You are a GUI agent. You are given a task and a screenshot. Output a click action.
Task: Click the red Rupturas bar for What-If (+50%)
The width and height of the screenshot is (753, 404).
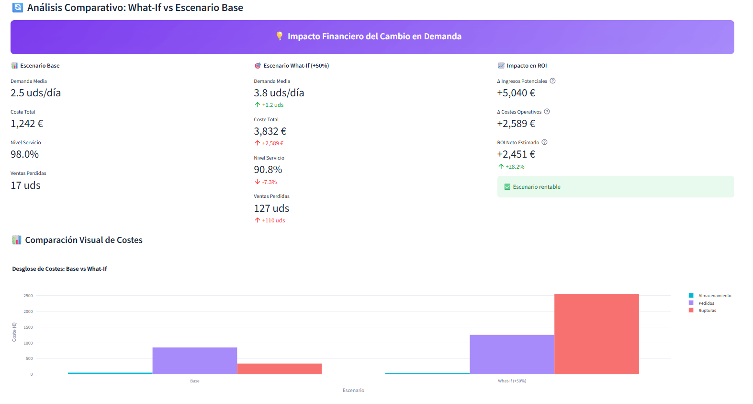click(x=596, y=334)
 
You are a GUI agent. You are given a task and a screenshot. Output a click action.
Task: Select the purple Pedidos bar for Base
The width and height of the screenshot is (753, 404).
click(x=195, y=360)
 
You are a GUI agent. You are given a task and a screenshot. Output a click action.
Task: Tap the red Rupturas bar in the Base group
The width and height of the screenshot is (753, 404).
click(x=279, y=369)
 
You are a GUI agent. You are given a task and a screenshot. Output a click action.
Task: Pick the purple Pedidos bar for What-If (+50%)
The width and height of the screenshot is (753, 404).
click(x=512, y=354)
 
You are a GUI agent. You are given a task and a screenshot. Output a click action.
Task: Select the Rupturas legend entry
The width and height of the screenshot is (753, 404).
click(x=707, y=311)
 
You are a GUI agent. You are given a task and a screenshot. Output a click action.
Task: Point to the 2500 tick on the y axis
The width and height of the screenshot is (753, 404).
click(x=28, y=296)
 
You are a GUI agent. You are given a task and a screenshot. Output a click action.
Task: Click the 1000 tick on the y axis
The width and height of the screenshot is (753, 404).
click(x=28, y=343)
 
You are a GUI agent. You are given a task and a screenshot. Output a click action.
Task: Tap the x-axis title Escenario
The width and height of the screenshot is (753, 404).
click(x=353, y=390)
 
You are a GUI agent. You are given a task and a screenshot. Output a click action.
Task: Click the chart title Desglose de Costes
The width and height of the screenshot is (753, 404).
click(x=59, y=269)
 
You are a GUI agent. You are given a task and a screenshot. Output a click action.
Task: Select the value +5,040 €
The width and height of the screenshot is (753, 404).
click(x=516, y=93)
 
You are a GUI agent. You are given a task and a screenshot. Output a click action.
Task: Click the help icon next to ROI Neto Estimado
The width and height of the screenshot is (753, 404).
click(x=544, y=142)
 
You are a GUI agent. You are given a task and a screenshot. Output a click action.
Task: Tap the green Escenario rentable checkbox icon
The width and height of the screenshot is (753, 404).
click(x=507, y=187)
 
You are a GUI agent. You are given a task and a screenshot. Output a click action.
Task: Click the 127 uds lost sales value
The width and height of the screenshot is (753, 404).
click(x=271, y=208)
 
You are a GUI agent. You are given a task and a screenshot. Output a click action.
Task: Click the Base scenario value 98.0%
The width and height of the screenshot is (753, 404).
click(x=25, y=154)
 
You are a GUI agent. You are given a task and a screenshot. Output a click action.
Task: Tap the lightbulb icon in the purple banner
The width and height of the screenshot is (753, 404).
click(x=280, y=36)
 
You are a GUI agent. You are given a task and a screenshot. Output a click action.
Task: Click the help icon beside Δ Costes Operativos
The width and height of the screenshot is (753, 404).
click(x=547, y=112)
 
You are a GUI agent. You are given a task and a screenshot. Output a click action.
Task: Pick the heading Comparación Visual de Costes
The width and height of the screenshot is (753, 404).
click(x=84, y=240)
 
